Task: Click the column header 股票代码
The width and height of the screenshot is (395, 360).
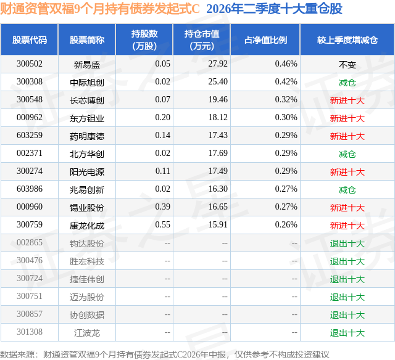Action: (30, 39)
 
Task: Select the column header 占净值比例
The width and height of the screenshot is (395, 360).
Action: (265, 39)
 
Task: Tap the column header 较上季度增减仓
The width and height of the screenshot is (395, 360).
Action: (347, 39)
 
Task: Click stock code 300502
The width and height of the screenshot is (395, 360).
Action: (30, 64)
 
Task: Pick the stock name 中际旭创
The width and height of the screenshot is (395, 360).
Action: (87, 82)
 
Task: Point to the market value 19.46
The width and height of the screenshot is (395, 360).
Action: (218, 100)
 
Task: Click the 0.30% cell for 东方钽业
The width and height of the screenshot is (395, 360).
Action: (286, 118)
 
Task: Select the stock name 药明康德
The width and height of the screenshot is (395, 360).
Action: (87, 136)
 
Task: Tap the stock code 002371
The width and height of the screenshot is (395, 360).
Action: (30, 153)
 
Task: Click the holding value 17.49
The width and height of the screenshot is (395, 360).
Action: (218, 171)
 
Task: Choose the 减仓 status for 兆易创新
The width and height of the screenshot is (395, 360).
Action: (347, 190)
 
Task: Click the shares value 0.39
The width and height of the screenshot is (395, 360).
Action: (162, 207)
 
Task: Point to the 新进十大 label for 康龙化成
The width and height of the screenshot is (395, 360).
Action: (347, 226)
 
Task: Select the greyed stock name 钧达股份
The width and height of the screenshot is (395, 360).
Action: (87, 243)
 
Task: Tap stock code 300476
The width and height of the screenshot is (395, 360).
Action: (30, 260)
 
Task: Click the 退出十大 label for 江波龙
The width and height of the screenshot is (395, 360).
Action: (347, 333)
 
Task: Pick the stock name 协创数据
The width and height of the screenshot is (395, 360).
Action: (87, 315)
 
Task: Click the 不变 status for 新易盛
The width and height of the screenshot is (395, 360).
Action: (347, 65)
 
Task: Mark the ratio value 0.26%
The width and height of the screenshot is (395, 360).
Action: (286, 224)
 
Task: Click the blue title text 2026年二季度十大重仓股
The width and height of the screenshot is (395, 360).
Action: (274, 9)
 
